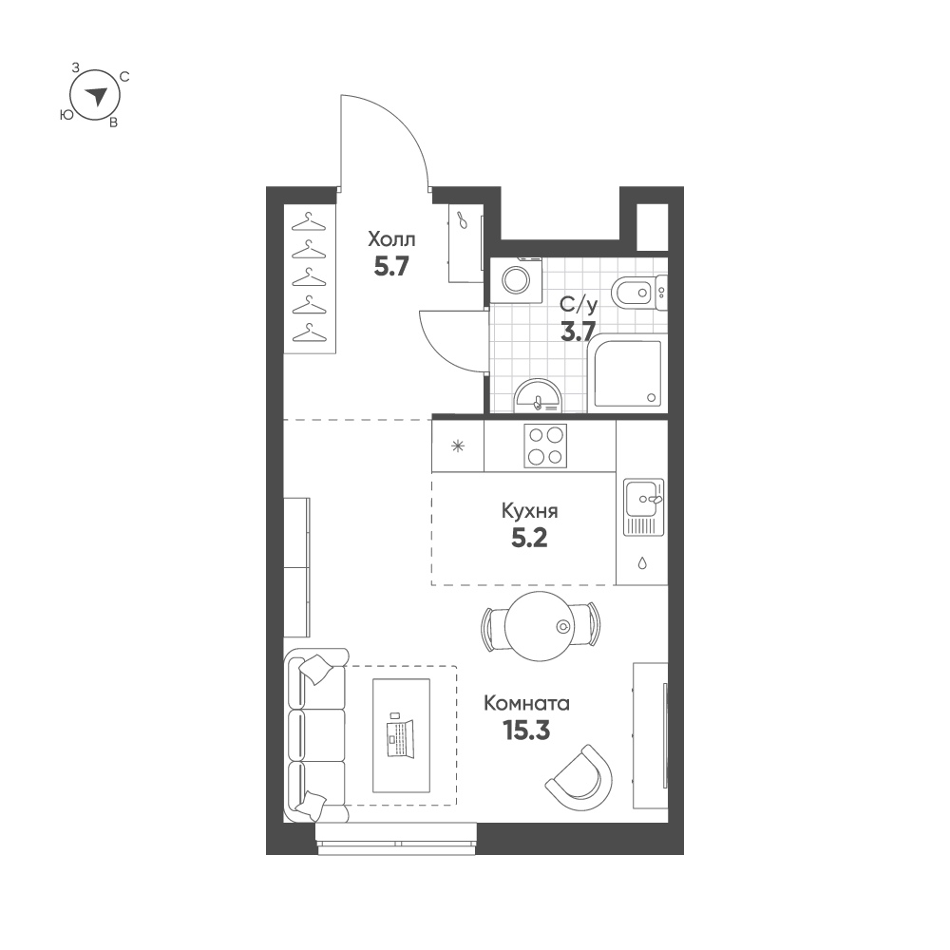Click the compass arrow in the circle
[x=96, y=96]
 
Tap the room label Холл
[x=391, y=240]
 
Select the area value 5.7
[x=391, y=267]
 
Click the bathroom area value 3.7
[x=578, y=332]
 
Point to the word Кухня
[x=529, y=511]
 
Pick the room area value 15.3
[x=526, y=731]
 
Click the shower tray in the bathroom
[x=628, y=373]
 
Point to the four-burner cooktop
[x=545, y=446]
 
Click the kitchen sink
[x=644, y=507]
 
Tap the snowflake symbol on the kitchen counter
[x=458, y=447]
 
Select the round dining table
[x=539, y=626]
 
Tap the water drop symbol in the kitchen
[x=642, y=563]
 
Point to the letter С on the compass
[x=124, y=77]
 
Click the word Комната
[x=526, y=704]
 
